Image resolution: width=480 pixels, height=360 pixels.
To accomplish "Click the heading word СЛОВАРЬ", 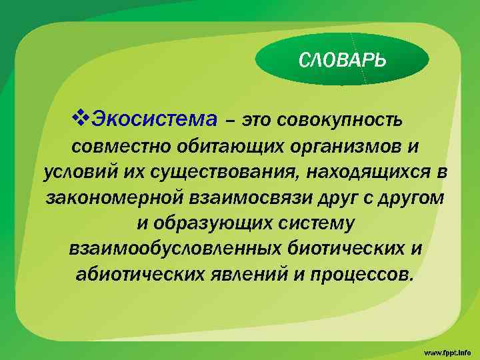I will [342, 61].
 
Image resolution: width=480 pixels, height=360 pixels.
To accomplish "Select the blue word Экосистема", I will [154, 121].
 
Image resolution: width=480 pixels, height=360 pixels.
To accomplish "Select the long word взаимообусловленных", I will [176, 249].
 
